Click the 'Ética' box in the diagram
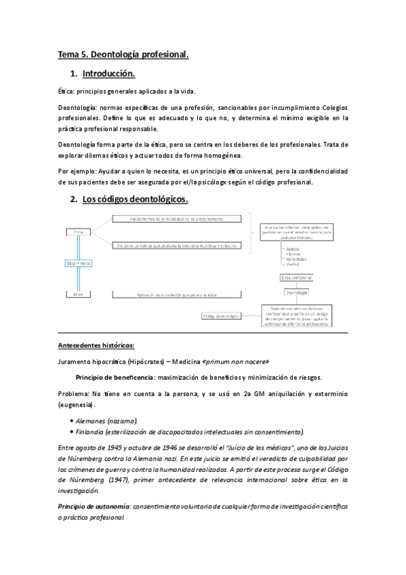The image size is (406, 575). [78, 233]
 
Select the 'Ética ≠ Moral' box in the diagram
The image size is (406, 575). [78, 262]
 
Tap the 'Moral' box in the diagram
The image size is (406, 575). [78, 294]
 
